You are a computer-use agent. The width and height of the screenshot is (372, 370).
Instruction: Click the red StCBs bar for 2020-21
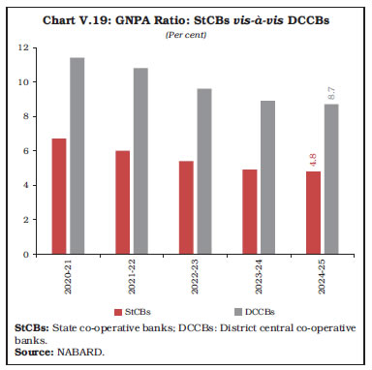pos(58,197)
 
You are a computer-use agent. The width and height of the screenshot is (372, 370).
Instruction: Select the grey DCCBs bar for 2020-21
pos(77,156)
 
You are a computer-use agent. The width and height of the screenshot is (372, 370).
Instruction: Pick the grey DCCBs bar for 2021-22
pos(139,161)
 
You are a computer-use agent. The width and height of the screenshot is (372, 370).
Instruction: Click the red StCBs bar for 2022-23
pos(185,207)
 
